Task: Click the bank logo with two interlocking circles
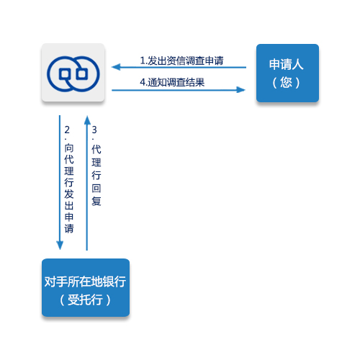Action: coord(73,74)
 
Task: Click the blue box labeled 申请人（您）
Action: coord(287,73)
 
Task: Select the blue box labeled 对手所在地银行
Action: coord(86,287)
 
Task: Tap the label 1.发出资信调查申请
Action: coord(181,60)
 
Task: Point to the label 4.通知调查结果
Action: coord(172,82)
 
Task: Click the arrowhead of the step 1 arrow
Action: coord(116,67)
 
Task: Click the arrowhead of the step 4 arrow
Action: coord(240,90)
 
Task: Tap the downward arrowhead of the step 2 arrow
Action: coord(60,246)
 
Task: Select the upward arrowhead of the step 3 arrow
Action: coord(87,120)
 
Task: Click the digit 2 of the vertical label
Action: coord(67,130)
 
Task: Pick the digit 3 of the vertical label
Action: coord(94,130)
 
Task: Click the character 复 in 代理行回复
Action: coord(96,201)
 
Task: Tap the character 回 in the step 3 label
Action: coord(96,189)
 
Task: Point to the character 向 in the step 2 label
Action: coord(69,148)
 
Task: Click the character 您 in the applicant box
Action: coord(287,82)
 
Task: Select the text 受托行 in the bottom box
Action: coord(85,300)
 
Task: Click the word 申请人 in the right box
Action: coord(287,64)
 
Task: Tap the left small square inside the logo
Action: coord(65,74)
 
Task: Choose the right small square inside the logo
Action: coord(82,74)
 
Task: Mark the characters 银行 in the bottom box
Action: coord(114,282)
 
